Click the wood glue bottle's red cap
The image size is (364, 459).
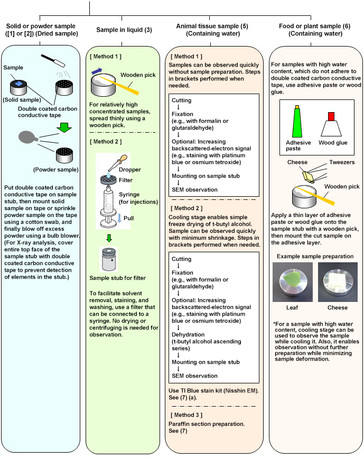331,116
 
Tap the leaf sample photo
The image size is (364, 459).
293,282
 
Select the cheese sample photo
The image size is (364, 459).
338,282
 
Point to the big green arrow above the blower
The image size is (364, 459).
64,127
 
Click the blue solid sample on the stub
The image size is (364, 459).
18,84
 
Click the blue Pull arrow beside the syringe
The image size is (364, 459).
119,218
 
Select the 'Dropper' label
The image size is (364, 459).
129,170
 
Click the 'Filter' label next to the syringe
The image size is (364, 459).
125,180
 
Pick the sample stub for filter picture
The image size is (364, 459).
108,259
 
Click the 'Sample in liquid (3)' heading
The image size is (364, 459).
124,30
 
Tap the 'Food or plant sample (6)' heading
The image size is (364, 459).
314,26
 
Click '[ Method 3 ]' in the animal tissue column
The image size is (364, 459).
186,415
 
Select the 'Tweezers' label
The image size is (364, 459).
342,162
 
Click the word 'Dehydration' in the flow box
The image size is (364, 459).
188,335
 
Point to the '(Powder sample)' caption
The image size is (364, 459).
56,170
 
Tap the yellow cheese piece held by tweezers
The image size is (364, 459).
309,177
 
